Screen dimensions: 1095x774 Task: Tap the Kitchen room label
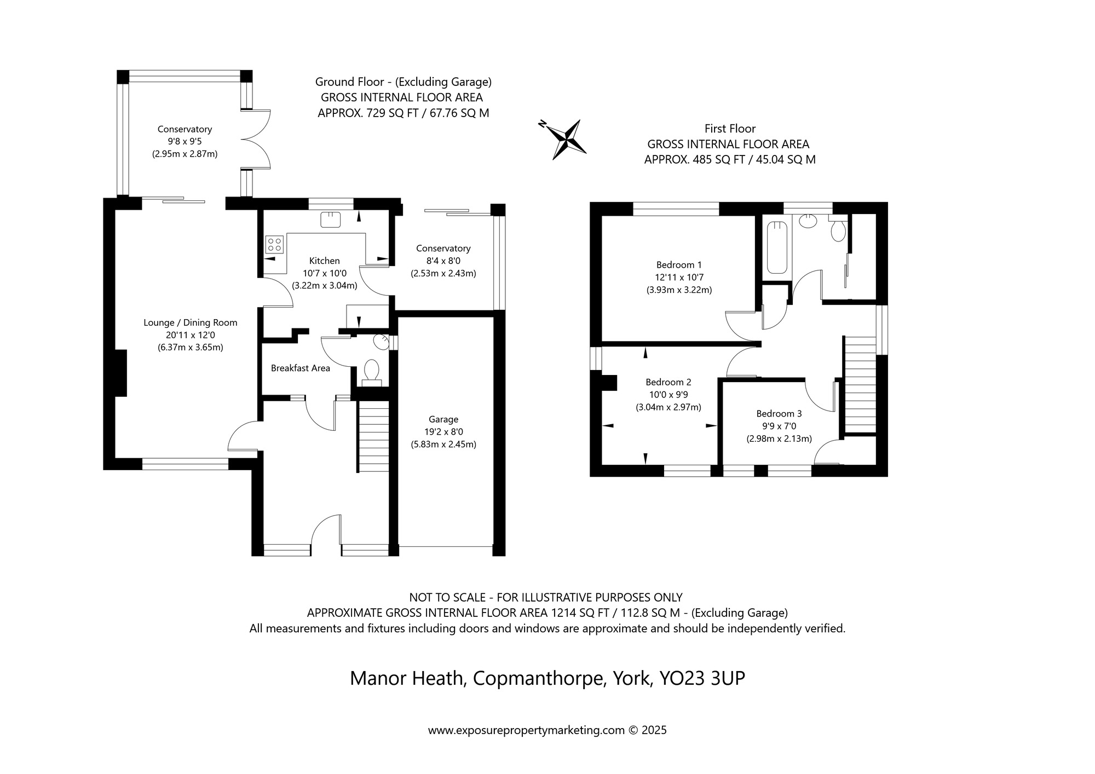[x=324, y=261]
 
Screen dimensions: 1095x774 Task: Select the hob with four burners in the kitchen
[x=274, y=244]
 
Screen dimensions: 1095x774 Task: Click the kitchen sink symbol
[x=331, y=219]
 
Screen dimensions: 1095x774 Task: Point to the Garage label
[x=443, y=419]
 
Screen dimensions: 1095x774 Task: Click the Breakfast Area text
[x=301, y=368]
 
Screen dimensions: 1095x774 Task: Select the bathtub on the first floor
[x=777, y=247]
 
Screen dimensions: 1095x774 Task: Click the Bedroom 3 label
[x=779, y=414]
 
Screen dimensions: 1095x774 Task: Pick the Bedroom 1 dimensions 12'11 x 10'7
[x=679, y=278]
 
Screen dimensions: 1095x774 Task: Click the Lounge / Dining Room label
[x=191, y=323]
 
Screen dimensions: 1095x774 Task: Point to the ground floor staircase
[x=374, y=436]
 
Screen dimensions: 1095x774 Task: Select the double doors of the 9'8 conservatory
[x=256, y=140]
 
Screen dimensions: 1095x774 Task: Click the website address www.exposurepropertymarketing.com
[x=526, y=730]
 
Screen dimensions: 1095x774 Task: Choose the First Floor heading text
[x=730, y=129]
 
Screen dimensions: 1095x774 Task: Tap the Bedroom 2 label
[x=668, y=382]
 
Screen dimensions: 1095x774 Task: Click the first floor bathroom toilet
[x=838, y=229]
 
